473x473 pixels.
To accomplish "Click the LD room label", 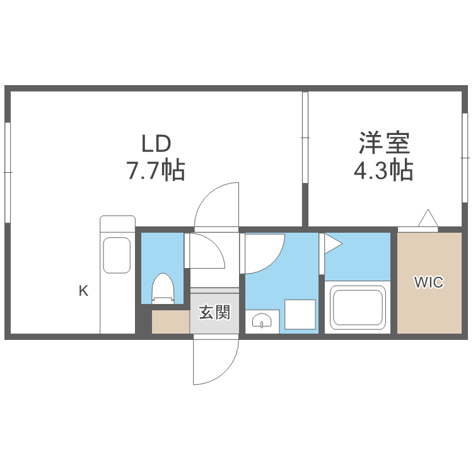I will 156,144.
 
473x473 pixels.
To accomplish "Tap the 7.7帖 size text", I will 156,170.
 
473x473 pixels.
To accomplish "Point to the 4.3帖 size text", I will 384,170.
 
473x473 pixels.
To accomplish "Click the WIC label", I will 428,283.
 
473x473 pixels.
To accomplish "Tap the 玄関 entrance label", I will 214,312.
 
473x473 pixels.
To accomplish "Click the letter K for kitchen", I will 83,291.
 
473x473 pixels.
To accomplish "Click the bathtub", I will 357,309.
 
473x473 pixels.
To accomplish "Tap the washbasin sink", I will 262,321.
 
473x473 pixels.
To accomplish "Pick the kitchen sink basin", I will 117,255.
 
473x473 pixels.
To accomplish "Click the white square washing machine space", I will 300,314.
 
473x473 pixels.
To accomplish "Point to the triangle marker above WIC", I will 428,219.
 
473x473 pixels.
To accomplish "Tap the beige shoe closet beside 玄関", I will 170,322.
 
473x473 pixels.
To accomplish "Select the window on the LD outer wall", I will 8,172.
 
